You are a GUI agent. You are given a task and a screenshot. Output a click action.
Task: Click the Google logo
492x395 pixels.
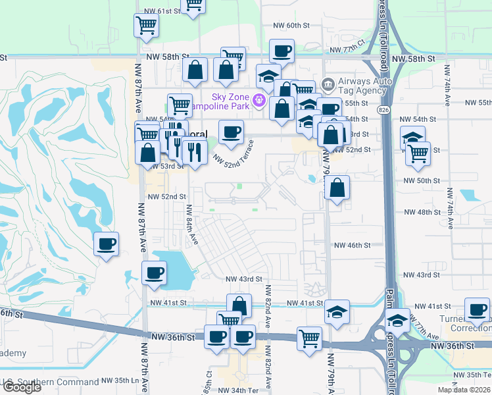point(21,387)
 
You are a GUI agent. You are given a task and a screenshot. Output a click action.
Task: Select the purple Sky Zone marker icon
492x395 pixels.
point(259,99)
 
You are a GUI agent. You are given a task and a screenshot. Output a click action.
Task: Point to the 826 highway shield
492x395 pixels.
point(383,108)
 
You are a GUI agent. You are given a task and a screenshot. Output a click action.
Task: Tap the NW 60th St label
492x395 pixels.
point(291,25)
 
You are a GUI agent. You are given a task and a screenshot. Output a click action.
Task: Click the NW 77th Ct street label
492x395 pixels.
point(347,50)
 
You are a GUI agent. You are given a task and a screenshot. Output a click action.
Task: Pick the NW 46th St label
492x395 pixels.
point(353,245)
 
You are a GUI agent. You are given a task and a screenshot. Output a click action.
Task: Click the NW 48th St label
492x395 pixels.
point(421,212)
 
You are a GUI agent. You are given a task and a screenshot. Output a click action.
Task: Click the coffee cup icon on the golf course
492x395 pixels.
point(107,244)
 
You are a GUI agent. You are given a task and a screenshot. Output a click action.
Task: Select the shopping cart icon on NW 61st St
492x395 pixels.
point(193,5)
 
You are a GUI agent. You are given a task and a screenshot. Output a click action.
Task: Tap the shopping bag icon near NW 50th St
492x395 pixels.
point(337,188)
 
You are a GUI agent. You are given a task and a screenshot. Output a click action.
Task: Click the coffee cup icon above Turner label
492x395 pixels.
point(477,309)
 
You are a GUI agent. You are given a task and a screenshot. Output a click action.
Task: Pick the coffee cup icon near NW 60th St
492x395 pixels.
point(282,51)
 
